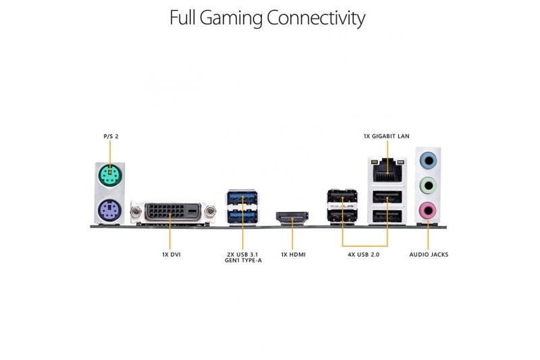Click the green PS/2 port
[x=110, y=176]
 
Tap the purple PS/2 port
[x=109, y=210]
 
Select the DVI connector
[x=173, y=212]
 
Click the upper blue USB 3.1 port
[x=242, y=198]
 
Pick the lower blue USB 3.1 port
[x=242, y=215]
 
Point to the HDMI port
[x=292, y=217]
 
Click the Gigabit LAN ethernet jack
[x=387, y=170]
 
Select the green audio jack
[x=428, y=186]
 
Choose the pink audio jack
[x=428, y=210]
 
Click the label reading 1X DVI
[x=171, y=255]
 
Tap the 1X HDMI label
[x=293, y=255]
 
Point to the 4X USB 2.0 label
[x=363, y=255]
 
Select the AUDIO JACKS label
[x=429, y=255]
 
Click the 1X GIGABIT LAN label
[x=386, y=136]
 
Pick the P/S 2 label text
[x=111, y=136]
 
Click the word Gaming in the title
[x=231, y=18]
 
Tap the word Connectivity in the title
[x=316, y=18]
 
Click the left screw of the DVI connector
[x=136, y=210]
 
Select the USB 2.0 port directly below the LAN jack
[x=387, y=197]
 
